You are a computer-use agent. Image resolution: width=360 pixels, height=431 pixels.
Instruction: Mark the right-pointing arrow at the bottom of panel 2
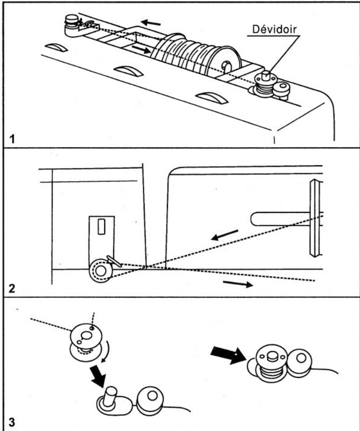[237, 284]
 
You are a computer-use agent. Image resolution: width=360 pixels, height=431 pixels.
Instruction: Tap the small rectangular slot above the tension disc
[102, 227]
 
